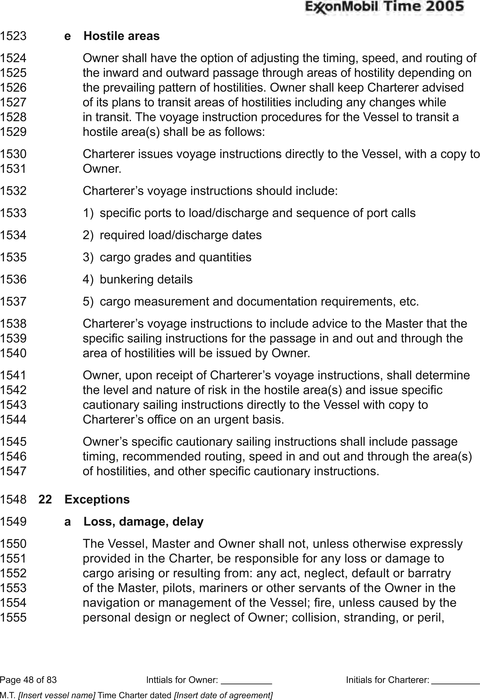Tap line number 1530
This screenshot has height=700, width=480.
[13, 154]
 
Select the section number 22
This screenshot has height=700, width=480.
[45, 499]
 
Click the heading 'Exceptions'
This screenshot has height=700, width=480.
[97, 499]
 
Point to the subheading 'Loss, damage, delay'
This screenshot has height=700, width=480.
[144, 522]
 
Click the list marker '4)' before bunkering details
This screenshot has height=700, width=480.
[88, 280]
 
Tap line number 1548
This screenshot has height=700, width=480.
[13, 499]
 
